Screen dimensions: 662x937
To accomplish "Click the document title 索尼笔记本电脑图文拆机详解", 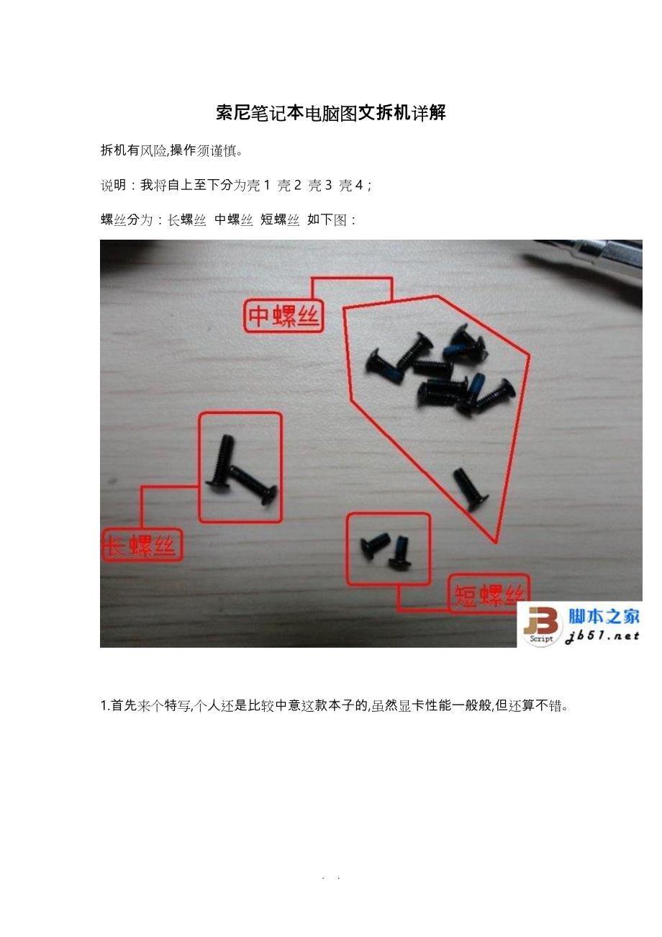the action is click(331, 113).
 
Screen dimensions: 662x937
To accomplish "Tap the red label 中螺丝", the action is click(284, 317).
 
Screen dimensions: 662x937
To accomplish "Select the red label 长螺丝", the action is click(142, 545).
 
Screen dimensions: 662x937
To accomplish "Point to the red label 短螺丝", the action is click(489, 594).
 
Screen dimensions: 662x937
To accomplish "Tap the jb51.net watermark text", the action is click(602, 637).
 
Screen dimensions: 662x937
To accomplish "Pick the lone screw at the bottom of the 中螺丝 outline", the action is click(471, 489).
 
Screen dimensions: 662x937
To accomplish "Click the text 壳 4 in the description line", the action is click(351, 185).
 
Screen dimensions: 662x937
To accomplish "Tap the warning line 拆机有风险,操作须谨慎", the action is click(171, 150).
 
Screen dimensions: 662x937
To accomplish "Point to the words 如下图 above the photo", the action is click(327, 219).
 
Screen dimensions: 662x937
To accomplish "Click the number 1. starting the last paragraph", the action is click(105, 706).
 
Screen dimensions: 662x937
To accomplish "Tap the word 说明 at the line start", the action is click(113, 185).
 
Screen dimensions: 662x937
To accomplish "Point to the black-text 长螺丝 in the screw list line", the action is click(186, 219).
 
